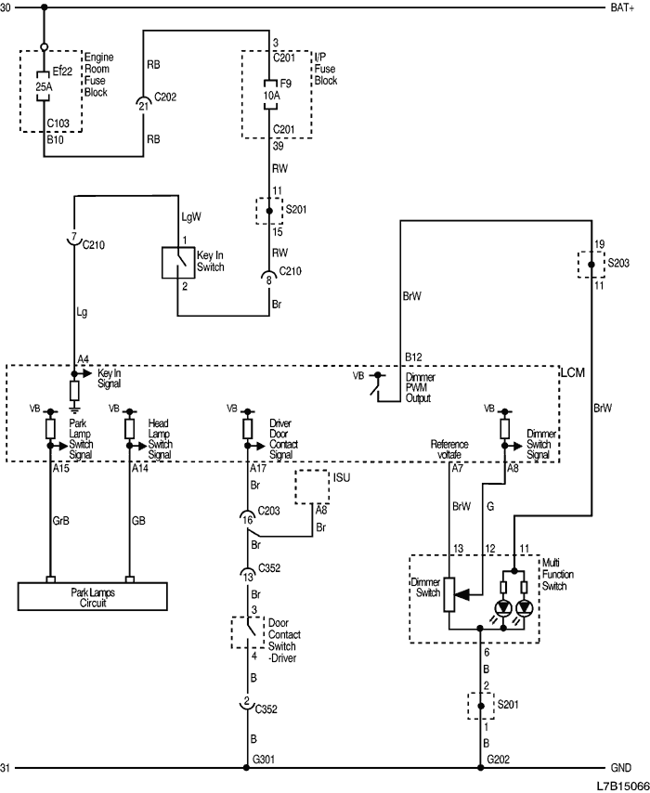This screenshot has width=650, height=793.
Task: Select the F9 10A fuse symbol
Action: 270,94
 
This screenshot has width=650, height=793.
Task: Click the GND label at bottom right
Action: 621,769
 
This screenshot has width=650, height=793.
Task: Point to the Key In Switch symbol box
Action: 178,263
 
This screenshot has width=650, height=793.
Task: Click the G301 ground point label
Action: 266,760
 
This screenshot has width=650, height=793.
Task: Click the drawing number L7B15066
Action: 619,785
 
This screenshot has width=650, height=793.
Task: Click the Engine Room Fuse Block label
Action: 97,74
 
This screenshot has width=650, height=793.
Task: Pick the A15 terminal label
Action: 60,469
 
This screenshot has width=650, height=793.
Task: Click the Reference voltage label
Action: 449,449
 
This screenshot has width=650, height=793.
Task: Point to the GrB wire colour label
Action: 61,522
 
